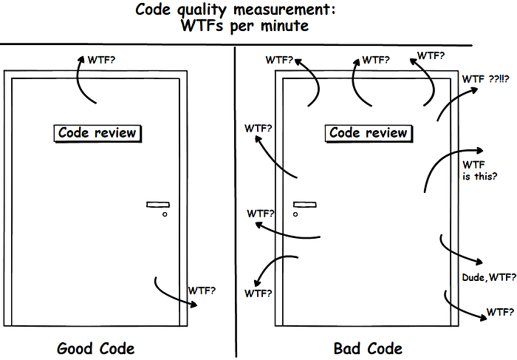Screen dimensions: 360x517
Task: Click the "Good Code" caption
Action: click(96, 347)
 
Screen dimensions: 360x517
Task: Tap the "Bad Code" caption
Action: click(368, 347)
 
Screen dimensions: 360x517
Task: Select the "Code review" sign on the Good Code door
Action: click(97, 133)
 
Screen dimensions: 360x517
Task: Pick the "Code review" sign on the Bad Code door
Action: click(368, 133)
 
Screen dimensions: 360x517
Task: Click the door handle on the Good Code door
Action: click(158, 204)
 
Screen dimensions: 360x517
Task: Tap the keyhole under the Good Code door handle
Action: click(165, 214)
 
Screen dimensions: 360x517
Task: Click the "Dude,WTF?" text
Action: click(485, 277)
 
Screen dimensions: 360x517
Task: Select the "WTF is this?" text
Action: click(479, 170)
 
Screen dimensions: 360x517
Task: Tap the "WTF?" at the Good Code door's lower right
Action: click(202, 291)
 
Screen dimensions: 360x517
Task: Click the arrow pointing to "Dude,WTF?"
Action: click(458, 251)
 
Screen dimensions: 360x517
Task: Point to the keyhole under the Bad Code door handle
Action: click(295, 214)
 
